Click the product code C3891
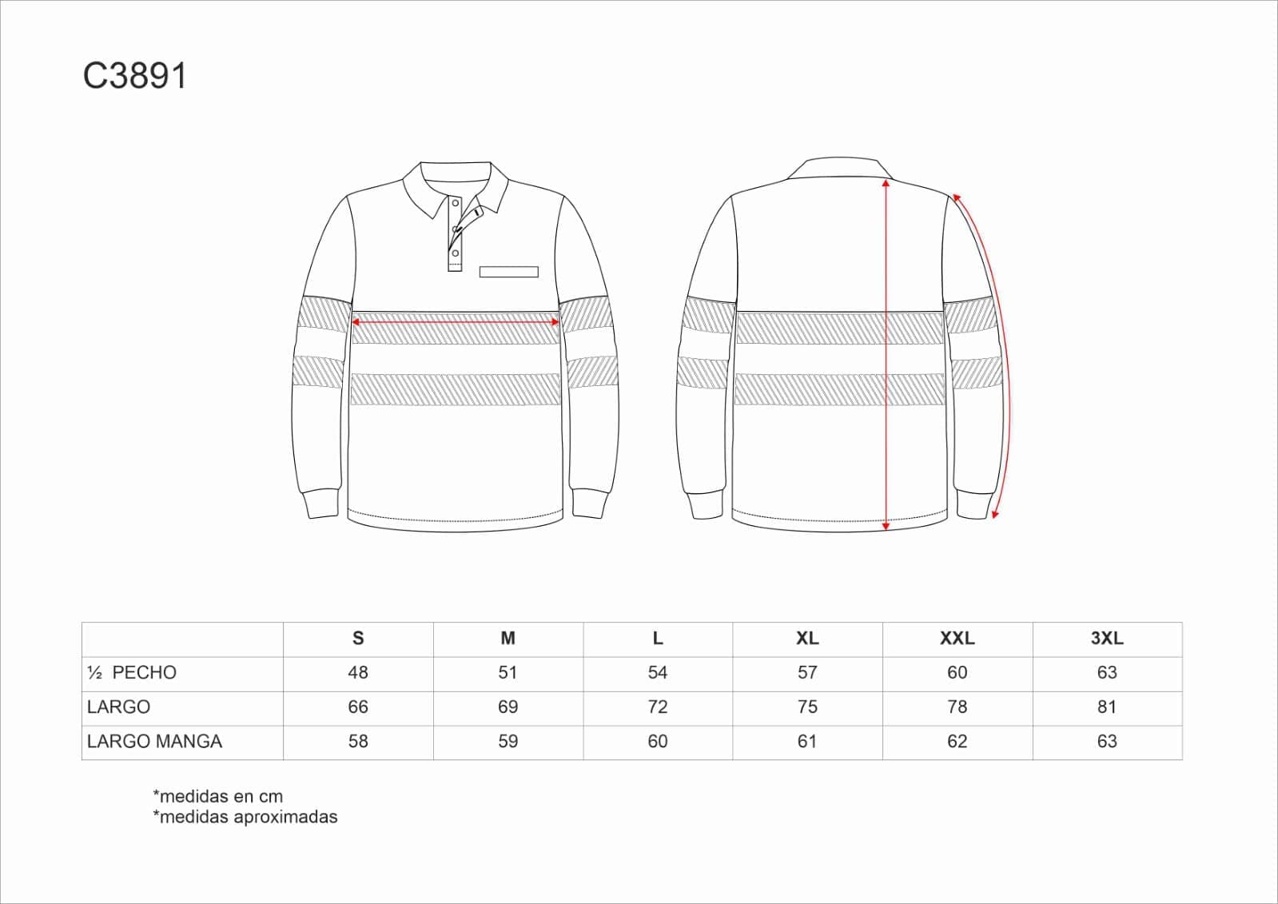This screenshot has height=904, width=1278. point(135,77)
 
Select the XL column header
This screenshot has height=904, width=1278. point(807,639)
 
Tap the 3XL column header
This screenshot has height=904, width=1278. point(1107,639)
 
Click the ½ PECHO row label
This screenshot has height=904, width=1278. point(132,673)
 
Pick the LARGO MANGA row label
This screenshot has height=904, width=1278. point(154,742)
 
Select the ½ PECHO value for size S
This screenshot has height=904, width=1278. point(358,673)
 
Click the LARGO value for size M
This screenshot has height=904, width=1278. point(508,707)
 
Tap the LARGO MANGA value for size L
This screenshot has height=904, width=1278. point(658,742)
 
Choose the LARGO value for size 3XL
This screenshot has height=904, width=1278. point(1107,707)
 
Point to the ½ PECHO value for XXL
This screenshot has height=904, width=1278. point(957,673)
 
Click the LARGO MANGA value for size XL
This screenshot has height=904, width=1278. point(807,742)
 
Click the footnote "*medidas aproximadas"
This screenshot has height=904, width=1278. point(245,817)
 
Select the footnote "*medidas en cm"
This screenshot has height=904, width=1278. point(217,796)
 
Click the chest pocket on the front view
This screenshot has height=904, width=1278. point(508,273)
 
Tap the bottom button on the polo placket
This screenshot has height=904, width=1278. point(456,254)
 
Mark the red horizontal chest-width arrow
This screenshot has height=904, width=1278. point(455,322)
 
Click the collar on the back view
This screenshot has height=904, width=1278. point(839,167)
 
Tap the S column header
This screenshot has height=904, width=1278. point(358,639)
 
